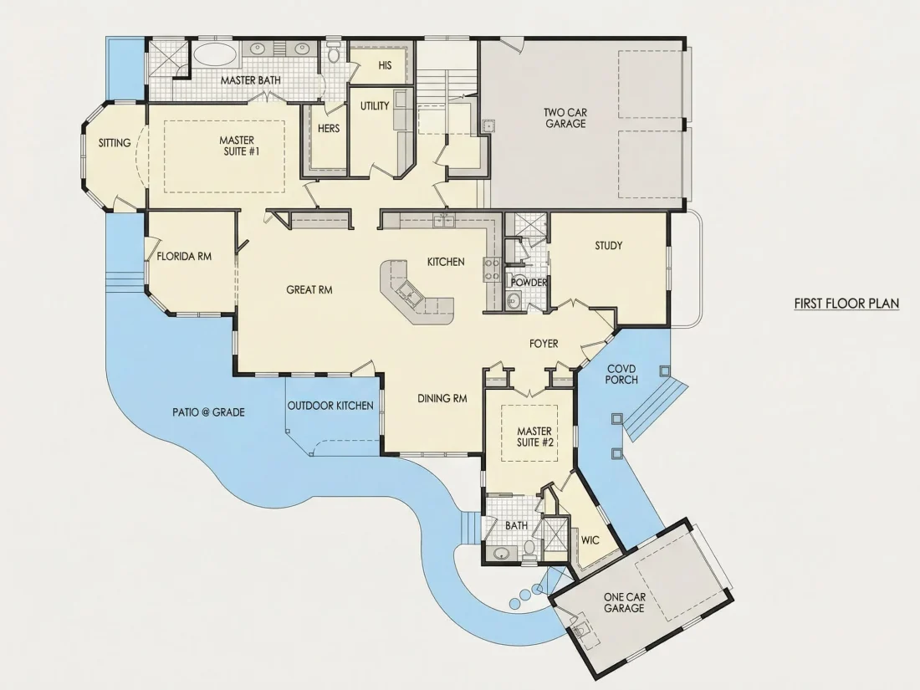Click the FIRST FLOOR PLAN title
coord(846,304)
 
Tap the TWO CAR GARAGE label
coord(565,118)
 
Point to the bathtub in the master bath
coord(215,55)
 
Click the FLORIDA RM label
coord(184,257)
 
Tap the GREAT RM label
coord(309,290)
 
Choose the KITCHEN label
coord(446,262)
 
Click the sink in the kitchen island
coord(409,292)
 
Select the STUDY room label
coord(608,245)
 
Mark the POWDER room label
coord(529,283)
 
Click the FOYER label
coord(544,344)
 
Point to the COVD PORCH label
coord(622,375)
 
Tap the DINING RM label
coord(442,398)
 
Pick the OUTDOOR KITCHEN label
coord(330,406)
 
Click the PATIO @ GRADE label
coord(208,411)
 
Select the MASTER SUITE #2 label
coord(534,437)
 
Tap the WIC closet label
coord(590,540)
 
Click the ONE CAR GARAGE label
coord(625,602)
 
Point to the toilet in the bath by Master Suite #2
coord(529,549)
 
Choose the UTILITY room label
coord(375,105)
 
